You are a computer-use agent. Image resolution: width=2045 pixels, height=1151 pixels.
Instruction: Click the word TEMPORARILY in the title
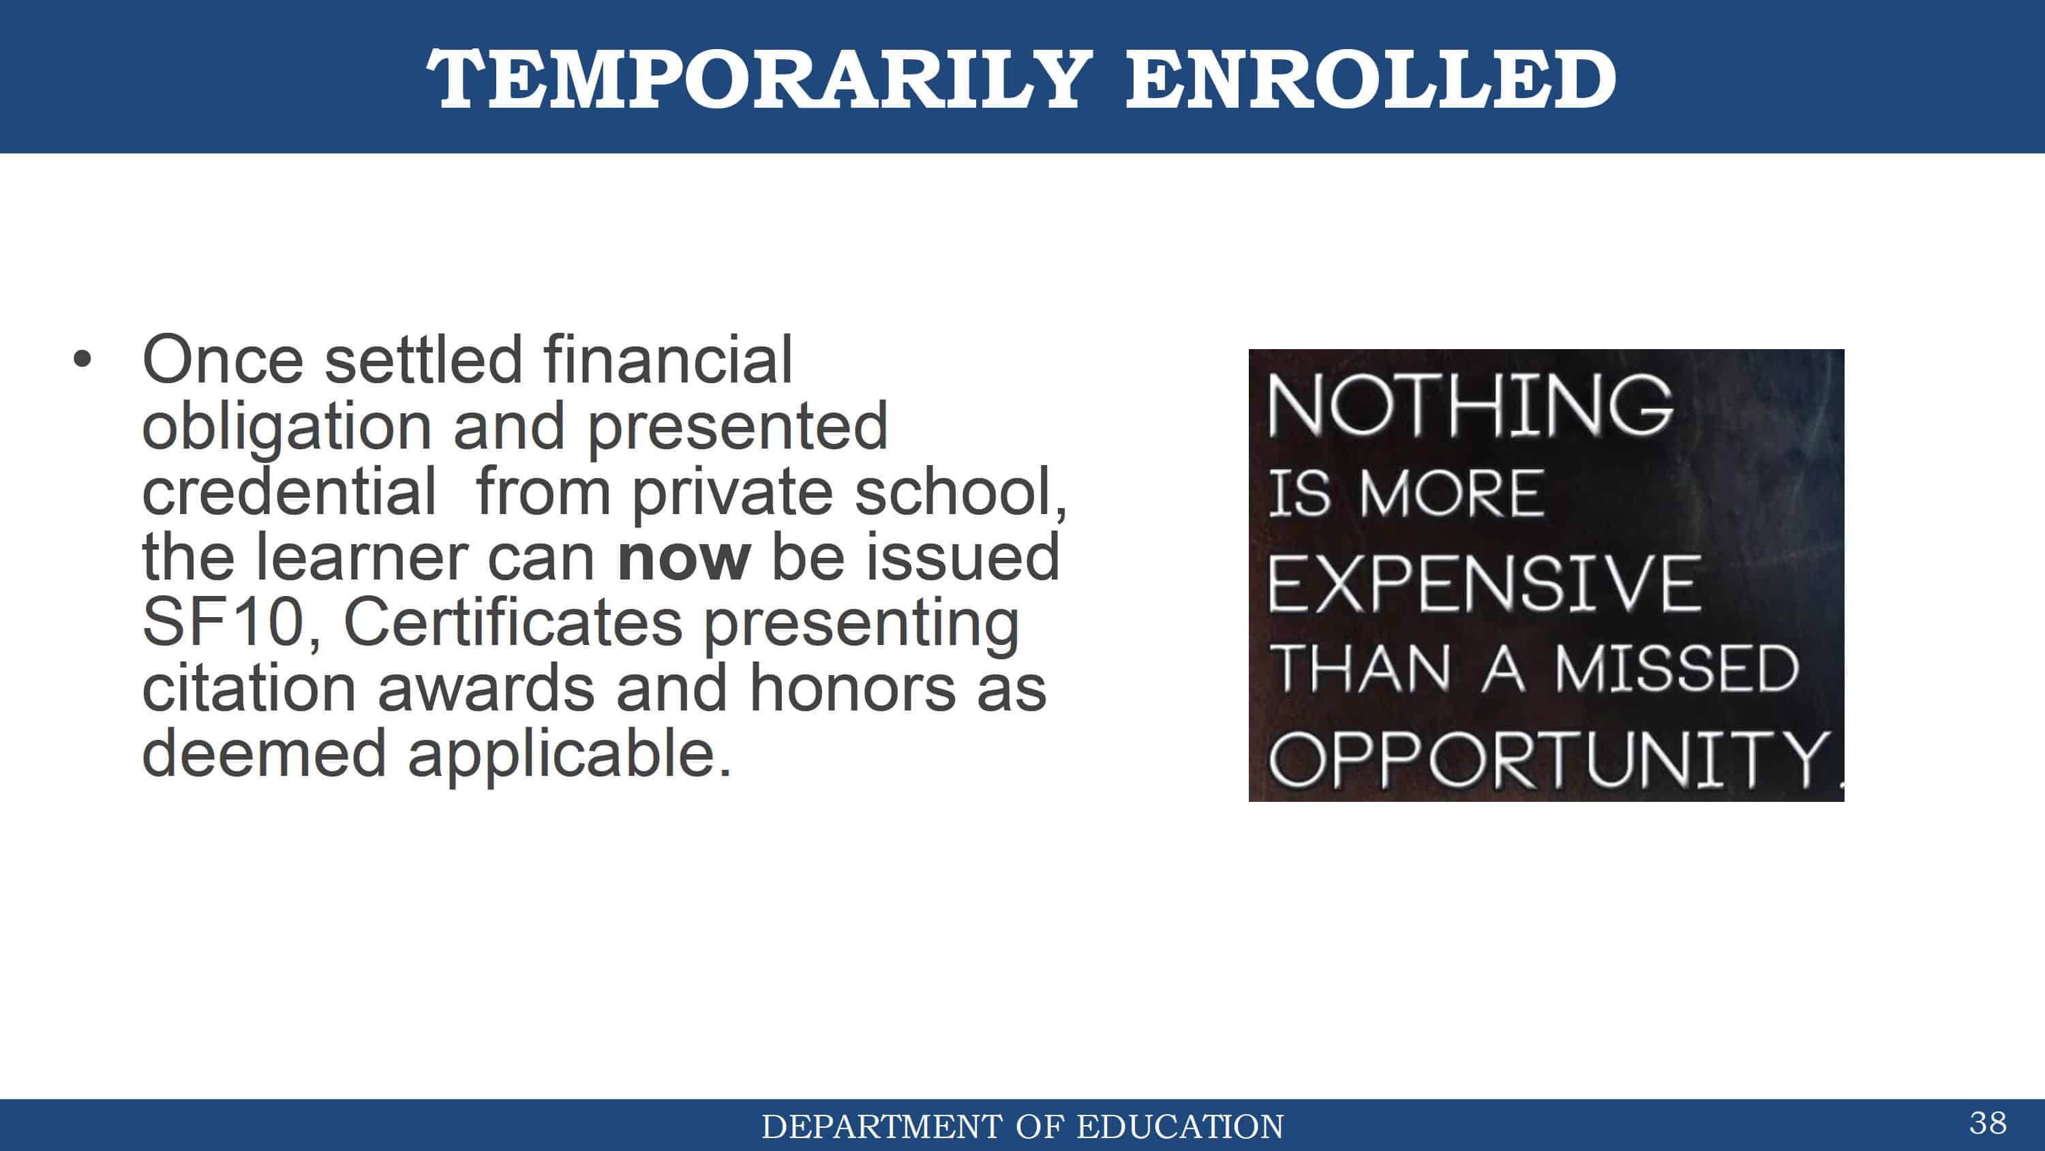(760, 78)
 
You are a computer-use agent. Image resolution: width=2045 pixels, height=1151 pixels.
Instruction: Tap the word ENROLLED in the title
(1371, 78)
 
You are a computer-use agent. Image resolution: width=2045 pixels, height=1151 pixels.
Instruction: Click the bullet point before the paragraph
(82, 359)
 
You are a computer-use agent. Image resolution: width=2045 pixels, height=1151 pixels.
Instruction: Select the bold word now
(684, 558)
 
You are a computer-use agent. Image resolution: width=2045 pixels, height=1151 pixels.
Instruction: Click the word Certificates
(513, 623)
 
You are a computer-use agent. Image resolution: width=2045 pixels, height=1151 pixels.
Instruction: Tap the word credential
(289, 492)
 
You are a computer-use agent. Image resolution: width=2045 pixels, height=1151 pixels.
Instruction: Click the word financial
(667, 360)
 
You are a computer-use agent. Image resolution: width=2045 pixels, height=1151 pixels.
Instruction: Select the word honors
(853, 688)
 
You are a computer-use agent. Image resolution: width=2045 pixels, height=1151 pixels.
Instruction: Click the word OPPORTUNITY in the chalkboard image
(1549, 760)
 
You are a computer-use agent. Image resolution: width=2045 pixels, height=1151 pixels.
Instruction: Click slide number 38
(1988, 1123)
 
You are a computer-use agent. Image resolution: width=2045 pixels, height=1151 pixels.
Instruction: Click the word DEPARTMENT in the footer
(881, 1127)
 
